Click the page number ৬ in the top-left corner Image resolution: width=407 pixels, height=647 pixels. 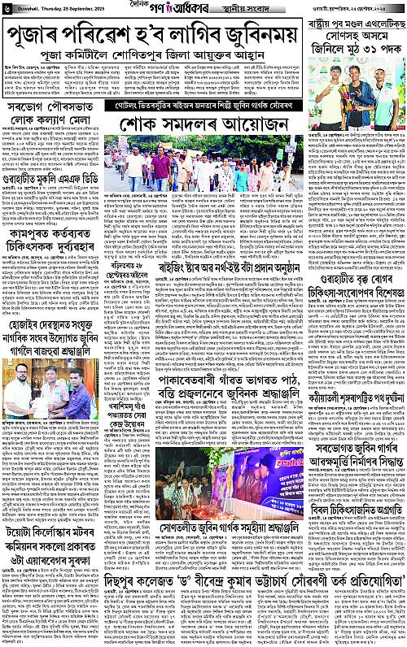(7, 8)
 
